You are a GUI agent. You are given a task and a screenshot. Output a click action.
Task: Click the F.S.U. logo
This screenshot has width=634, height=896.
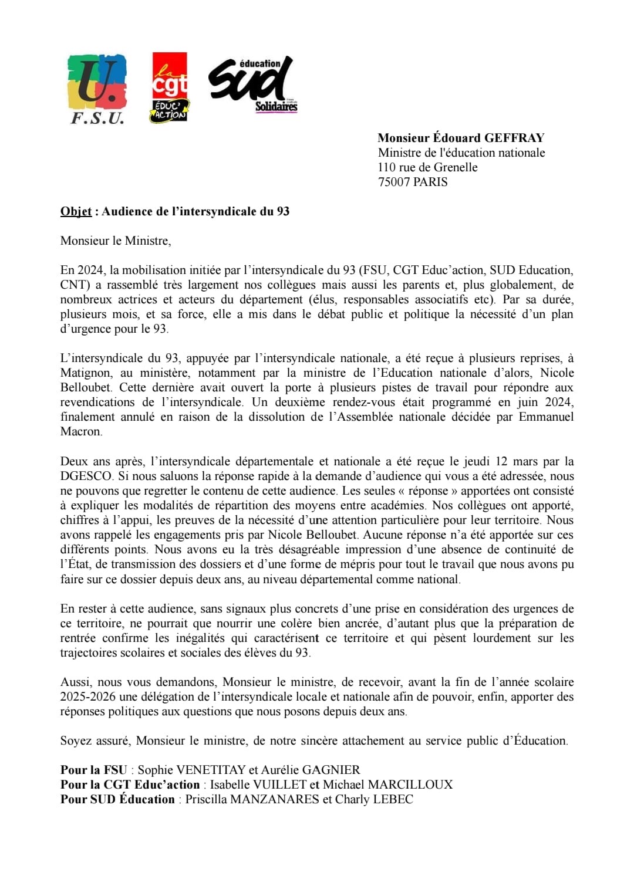click(97, 89)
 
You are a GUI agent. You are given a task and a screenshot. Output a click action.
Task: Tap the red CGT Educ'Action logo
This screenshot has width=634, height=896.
click(170, 87)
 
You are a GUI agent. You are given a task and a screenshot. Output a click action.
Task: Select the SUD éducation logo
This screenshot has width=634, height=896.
click(252, 84)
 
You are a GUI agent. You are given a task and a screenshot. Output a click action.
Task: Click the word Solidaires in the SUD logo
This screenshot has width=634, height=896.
click(276, 106)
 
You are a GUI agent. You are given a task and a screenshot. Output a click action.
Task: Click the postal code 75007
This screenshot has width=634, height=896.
click(394, 182)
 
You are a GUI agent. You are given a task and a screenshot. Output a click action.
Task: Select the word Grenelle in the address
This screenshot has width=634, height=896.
click(456, 167)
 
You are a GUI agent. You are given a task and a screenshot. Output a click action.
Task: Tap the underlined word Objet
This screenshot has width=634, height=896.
click(76, 211)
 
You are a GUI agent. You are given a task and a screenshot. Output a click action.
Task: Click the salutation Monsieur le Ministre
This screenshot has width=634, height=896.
click(116, 241)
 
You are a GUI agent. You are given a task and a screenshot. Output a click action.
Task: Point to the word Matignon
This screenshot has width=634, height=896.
click(86, 373)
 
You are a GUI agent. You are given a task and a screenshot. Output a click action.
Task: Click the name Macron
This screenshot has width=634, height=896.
click(80, 432)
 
